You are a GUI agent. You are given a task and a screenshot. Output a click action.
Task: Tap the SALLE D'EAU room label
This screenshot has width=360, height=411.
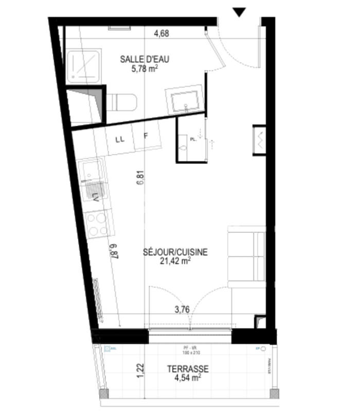point(145,59)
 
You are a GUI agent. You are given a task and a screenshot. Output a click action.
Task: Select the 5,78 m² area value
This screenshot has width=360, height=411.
point(145,69)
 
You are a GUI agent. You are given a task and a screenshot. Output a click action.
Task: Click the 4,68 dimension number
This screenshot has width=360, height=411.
point(161,34)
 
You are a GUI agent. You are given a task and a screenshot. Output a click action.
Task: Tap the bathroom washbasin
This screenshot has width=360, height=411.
point(183,101)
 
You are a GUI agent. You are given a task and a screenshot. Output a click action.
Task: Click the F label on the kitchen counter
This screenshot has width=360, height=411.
point(146,136)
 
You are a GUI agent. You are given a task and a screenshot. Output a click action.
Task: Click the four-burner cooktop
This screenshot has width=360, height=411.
point(97,224)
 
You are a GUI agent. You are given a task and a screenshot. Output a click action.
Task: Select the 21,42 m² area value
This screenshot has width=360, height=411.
point(175,261)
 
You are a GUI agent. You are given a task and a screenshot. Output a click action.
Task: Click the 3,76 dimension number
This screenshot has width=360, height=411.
point(183,310)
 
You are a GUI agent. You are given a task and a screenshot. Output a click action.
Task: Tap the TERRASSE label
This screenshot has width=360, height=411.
point(187,369)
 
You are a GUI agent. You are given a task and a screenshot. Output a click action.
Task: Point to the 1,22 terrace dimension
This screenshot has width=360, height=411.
point(139,371)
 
